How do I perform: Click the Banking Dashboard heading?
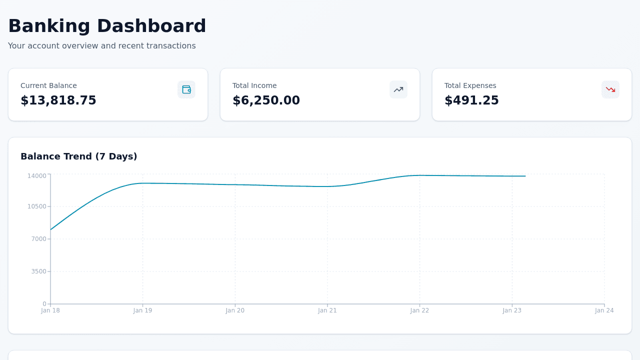[107, 26]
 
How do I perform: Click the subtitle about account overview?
[102, 46]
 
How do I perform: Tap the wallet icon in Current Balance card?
[186, 89]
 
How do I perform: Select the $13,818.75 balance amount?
[58, 100]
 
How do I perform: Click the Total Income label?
[254, 85]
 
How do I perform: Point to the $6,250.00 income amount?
[266, 100]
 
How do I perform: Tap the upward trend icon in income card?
[398, 89]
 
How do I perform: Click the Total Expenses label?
[470, 85]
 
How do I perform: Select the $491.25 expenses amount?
[471, 100]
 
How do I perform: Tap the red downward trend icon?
[610, 89]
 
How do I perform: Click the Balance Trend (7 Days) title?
[79, 156]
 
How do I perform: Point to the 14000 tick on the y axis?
[36, 175]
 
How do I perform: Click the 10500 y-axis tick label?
[36, 206]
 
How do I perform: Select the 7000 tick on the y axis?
[38, 239]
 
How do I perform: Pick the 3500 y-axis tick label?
[38, 271]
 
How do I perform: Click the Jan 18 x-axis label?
[50, 310]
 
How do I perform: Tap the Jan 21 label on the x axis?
[327, 310]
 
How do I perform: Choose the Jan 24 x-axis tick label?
[604, 310]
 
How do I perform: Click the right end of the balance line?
[525, 176]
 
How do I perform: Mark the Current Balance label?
[48, 85]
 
